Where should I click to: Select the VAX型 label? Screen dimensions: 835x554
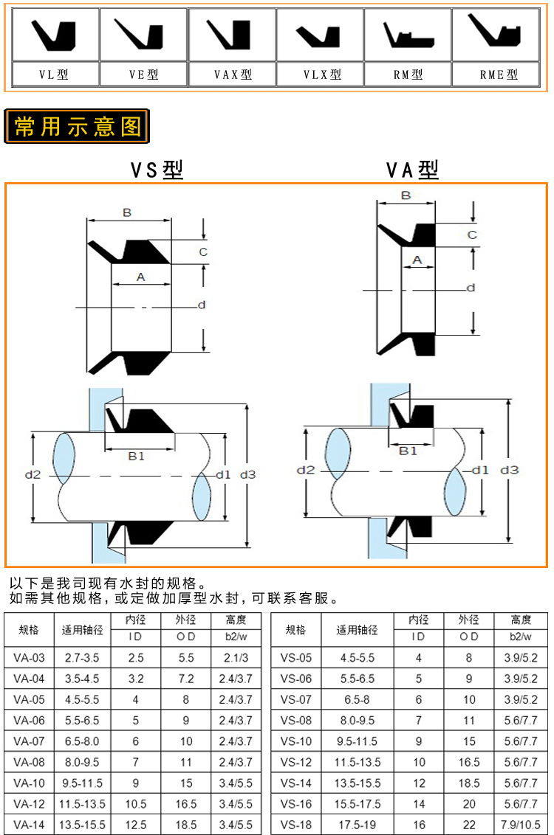click(233, 75)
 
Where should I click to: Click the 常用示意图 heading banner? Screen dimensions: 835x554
click(77, 127)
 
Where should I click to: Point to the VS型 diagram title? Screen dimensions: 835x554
click(157, 170)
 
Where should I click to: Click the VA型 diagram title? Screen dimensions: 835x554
click(412, 170)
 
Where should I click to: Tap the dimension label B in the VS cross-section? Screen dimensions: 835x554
click(127, 212)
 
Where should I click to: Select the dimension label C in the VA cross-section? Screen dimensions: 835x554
click(472, 235)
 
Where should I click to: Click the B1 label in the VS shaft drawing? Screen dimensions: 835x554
click(137, 457)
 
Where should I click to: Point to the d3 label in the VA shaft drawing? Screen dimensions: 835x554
click(510, 469)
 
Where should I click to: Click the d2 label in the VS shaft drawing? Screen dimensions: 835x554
click(33, 474)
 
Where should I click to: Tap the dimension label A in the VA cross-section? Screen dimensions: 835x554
click(417, 260)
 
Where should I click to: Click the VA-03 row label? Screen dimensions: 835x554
click(29, 657)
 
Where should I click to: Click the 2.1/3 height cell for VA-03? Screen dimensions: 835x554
click(235, 657)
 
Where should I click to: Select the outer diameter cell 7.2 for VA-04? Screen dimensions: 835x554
click(186, 678)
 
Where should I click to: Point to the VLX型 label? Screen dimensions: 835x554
click(322, 75)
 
